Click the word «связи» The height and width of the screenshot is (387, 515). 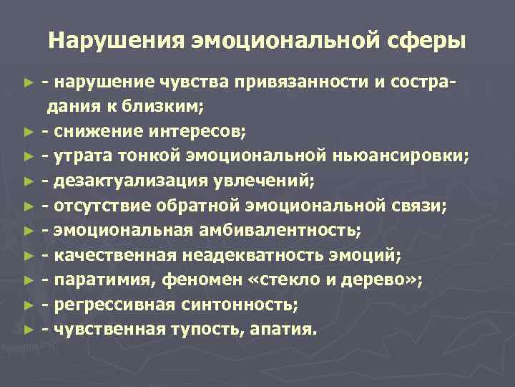419,206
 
